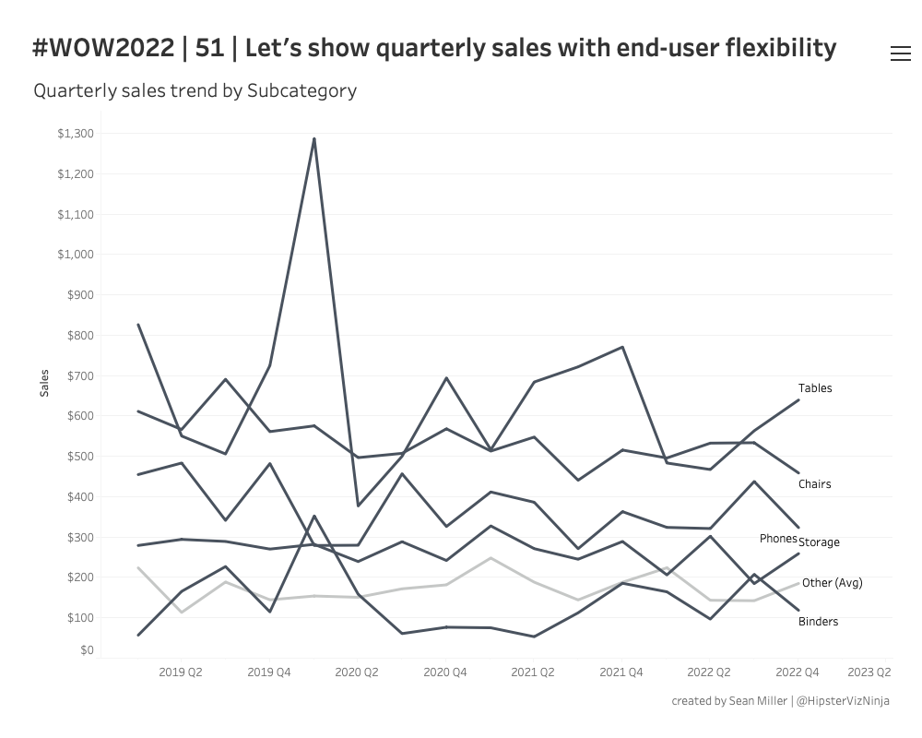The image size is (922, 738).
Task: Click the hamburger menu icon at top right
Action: [900, 54]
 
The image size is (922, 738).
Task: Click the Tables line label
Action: [815, 388]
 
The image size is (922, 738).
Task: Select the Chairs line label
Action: [814, 484]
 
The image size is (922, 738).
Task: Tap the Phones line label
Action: [778, 539]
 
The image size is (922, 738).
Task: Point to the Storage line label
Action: [820, 542]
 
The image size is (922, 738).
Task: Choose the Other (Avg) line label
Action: [832, 583]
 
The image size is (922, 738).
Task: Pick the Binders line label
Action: [818, 622]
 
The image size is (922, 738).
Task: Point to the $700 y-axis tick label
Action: [80, 375]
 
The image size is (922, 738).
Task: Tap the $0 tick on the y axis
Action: [87, 650]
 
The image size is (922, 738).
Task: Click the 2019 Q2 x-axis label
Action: [181, 673]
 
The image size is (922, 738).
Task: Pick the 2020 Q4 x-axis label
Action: [445, 673]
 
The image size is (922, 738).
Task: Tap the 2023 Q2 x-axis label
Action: [869, 673]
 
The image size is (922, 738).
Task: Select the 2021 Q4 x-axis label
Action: [621, 673]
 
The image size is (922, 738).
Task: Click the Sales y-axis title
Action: [44, 383]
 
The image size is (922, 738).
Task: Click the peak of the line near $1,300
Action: [314, 139]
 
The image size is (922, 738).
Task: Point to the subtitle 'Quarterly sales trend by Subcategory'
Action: [195, 90]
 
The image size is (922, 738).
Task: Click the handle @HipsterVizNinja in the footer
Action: [843, 701]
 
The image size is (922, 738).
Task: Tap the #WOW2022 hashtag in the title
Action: [102, 48]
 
